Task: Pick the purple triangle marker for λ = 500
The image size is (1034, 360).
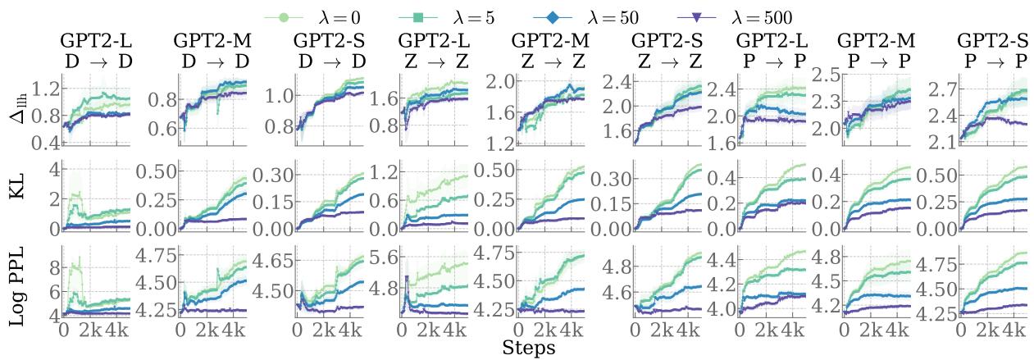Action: [696, 16]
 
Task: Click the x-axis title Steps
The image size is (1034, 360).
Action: [528, 349]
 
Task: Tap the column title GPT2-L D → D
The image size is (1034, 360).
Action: [96, 49]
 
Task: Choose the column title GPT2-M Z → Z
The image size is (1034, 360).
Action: [546, 49]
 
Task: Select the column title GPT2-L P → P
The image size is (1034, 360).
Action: [769, 49]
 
